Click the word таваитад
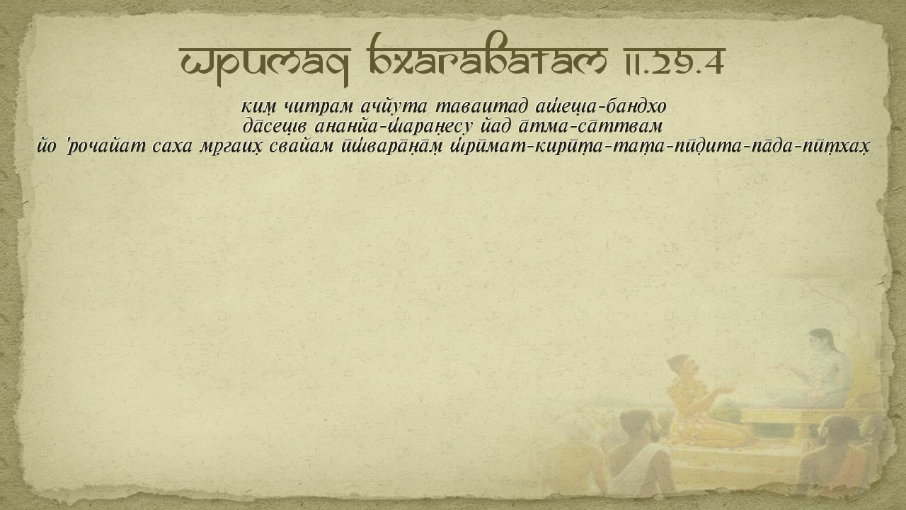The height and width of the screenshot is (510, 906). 481,107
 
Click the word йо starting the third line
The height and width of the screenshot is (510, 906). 47,147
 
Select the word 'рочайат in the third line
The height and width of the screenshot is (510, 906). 105,147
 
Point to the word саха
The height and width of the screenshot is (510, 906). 172,147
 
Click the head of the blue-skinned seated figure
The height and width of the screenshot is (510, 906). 822,341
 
